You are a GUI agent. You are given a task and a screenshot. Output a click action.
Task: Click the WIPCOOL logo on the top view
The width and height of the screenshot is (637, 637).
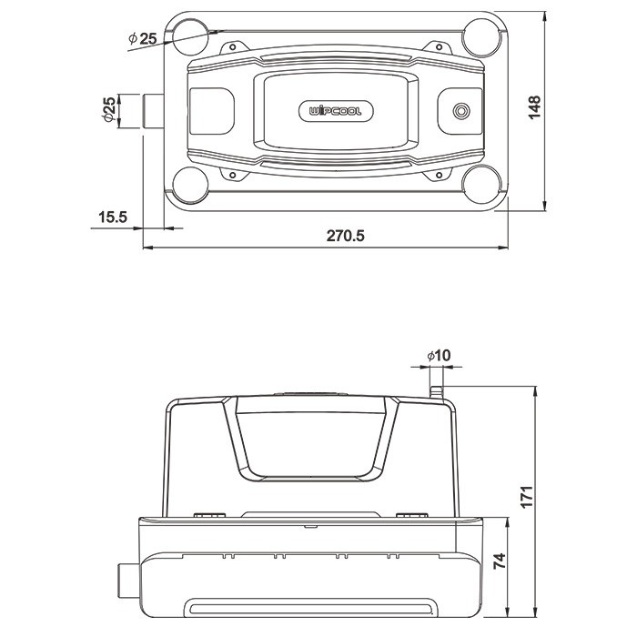(x=336, y=111)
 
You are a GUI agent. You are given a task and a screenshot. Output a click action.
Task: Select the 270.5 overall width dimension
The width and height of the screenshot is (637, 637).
(x=346, y=236)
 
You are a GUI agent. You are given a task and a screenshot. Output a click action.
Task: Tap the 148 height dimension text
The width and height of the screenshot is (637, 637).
(x=535, y=107)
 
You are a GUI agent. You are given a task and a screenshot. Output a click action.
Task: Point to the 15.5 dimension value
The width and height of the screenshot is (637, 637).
(x=113, y=217)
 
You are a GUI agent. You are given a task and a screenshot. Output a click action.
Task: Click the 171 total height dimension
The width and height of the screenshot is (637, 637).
(x=527, y=496)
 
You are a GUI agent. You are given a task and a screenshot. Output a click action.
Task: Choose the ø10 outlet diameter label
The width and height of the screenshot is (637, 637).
(x=439, y=356)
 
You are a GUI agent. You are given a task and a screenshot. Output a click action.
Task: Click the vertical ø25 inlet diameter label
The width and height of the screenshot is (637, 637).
(x=109, y=109)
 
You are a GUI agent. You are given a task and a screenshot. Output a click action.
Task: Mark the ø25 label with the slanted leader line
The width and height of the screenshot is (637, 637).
(x=143, y=39)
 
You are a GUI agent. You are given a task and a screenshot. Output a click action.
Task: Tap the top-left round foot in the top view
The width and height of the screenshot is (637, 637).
(x=190, y=37)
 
